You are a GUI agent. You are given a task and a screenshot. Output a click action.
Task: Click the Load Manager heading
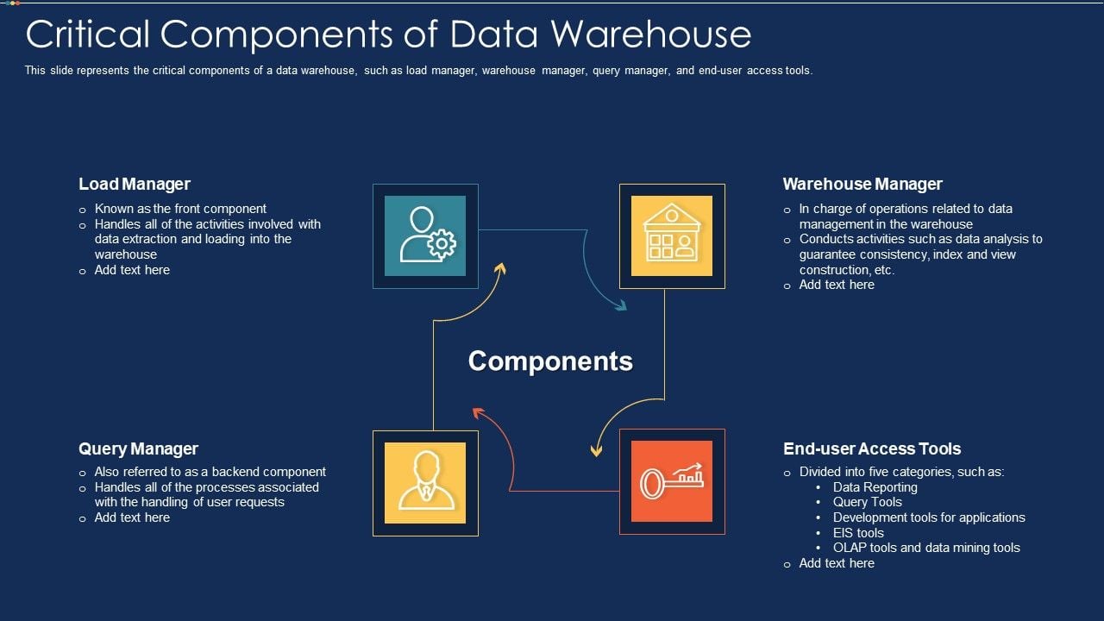pos(135,184)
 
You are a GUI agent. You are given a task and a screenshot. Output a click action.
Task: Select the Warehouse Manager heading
pos(862,184)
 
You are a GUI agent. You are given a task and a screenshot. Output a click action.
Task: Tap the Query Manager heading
pos(139,448)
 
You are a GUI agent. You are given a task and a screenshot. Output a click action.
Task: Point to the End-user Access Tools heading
pos(872,448)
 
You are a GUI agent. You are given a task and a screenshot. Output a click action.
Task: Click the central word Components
pos(550,361)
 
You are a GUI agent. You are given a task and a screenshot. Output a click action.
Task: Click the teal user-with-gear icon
pos(425,236)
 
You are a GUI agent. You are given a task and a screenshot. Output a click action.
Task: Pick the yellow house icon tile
pos(672,236)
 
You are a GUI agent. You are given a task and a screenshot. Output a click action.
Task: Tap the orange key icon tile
pos(672,481)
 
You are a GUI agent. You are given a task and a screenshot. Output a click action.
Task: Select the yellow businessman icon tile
pos(425,482)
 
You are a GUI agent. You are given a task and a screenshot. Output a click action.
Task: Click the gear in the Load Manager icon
pos(442,243)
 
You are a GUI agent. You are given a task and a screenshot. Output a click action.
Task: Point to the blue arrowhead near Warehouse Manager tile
pos(621,305)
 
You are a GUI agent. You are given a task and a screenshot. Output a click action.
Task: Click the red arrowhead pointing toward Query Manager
pos(478,413)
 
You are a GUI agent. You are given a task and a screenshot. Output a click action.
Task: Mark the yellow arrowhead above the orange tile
pos(596,450)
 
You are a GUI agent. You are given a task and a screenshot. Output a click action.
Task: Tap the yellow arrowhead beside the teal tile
pos(501,269)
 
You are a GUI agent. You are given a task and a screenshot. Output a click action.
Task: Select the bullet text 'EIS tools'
pos(858,533)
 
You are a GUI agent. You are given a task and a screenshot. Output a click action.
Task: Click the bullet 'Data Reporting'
pos(875,487)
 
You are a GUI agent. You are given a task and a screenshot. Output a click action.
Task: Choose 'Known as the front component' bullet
pos(180,209)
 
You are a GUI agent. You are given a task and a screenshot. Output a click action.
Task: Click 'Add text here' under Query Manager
pos(132,517)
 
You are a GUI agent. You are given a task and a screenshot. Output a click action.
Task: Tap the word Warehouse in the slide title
pos(650,34)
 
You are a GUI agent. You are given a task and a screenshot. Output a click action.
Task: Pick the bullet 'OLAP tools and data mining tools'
pos(926,548)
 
